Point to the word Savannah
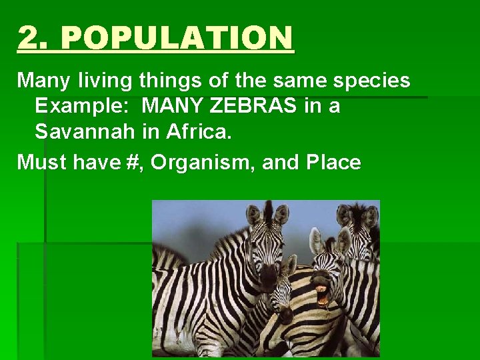(85, 131)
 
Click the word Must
(40, 162)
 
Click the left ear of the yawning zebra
(315, 241)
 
